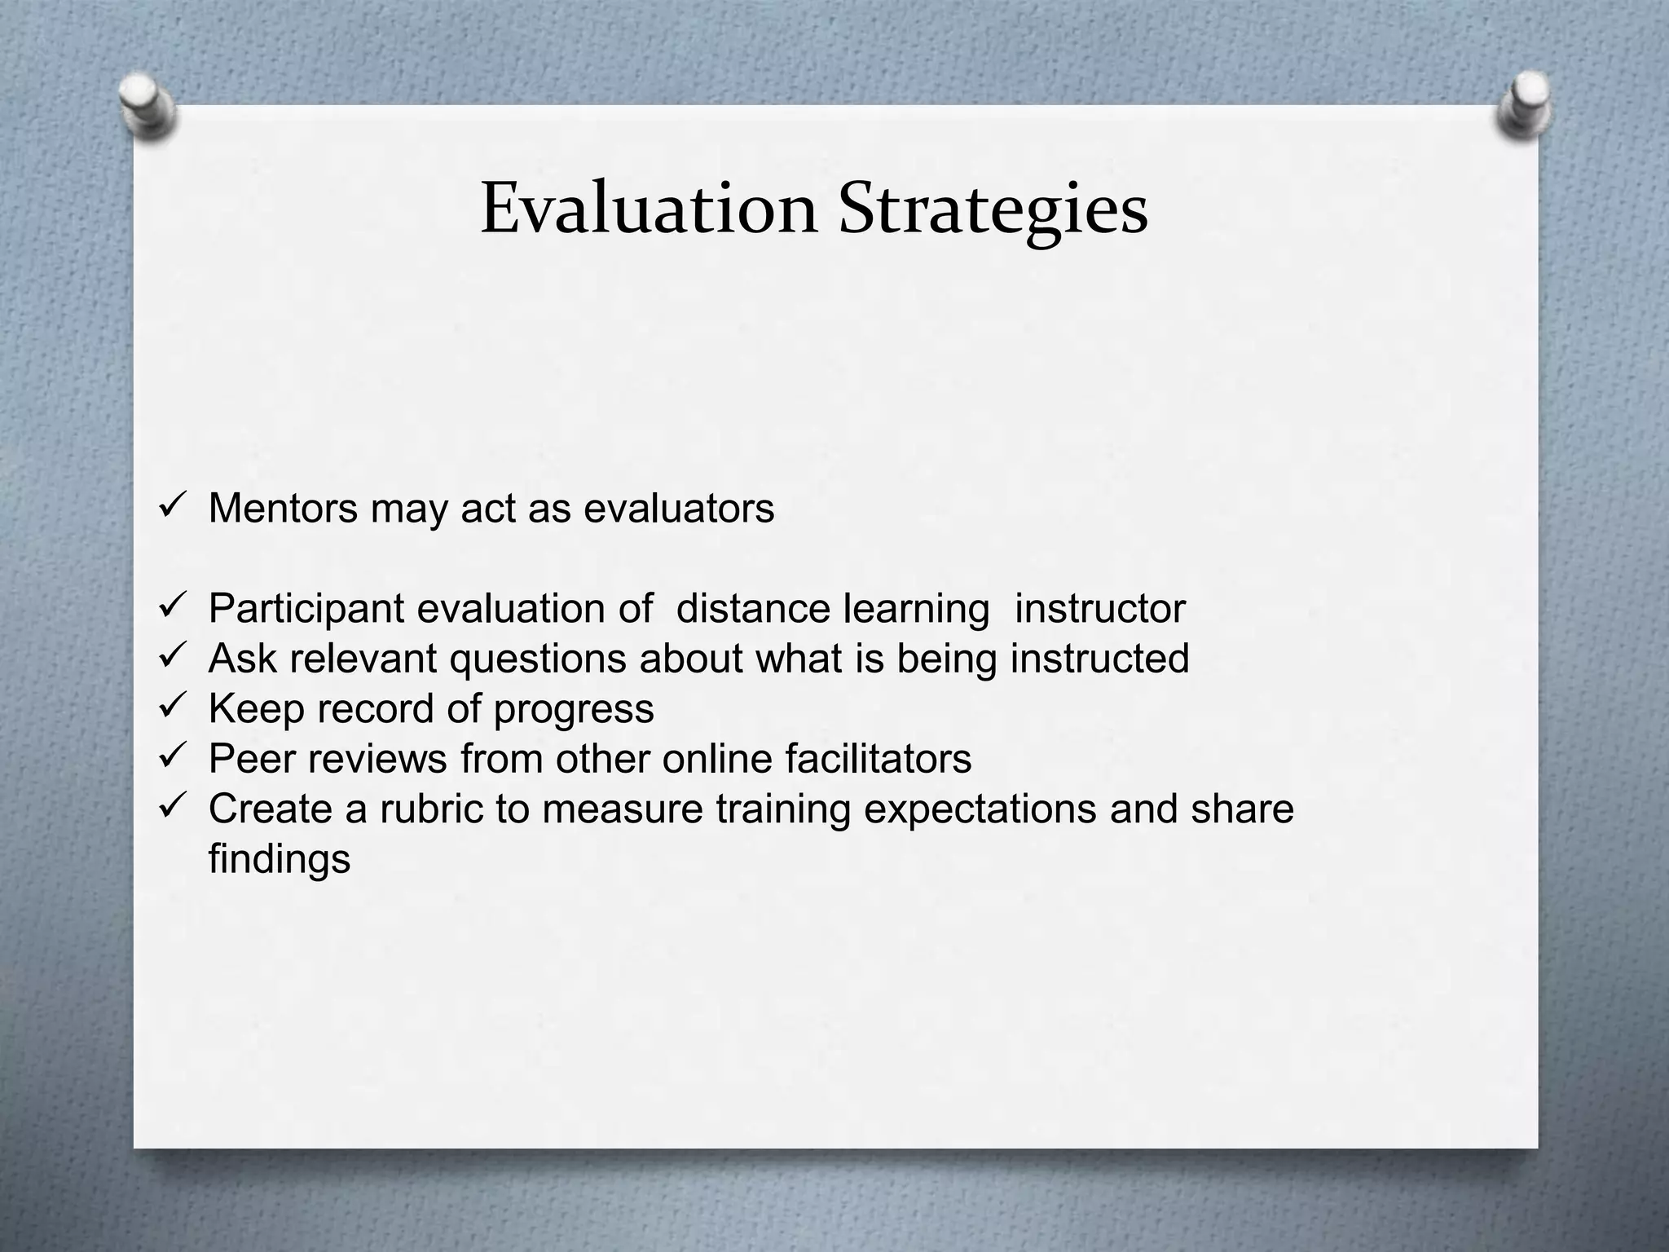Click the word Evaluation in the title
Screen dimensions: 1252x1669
649,209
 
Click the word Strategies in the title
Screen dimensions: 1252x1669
993,210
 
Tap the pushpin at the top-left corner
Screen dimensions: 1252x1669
148,108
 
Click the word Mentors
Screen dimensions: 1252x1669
283,508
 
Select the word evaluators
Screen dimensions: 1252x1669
679,508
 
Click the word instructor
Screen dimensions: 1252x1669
1099,608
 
